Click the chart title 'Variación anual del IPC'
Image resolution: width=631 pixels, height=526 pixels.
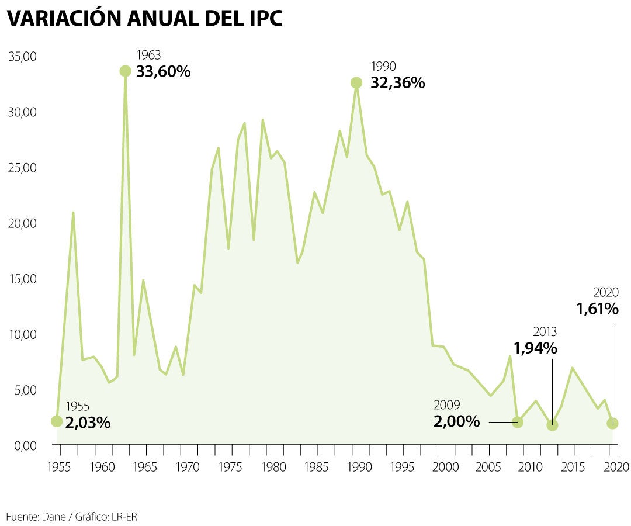click(144, 19)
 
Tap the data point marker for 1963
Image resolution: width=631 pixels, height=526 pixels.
click(125, 71)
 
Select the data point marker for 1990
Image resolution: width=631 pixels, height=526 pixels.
click(356, 83)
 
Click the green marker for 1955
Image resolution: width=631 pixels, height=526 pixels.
click(57, 421)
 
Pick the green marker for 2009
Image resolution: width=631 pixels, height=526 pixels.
click(517, 421)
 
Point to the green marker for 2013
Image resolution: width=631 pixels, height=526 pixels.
click(552, 425)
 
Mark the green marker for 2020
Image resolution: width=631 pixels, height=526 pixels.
click(612, 423)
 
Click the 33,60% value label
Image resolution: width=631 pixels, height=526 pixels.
click(164, 72)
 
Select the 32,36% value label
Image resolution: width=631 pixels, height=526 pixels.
click(397, 83)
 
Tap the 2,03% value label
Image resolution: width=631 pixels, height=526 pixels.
click(88, 423)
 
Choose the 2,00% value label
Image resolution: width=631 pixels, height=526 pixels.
click(456, 421)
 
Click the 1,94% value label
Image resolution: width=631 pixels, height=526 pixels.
click(535, 348)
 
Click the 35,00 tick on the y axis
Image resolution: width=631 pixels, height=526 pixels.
click(23, 57)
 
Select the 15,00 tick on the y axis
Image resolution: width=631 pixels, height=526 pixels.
click(23, 279)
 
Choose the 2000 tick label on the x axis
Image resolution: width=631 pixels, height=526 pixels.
click(445, 467)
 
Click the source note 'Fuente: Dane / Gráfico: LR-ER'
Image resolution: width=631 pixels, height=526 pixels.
click(72, 517)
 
